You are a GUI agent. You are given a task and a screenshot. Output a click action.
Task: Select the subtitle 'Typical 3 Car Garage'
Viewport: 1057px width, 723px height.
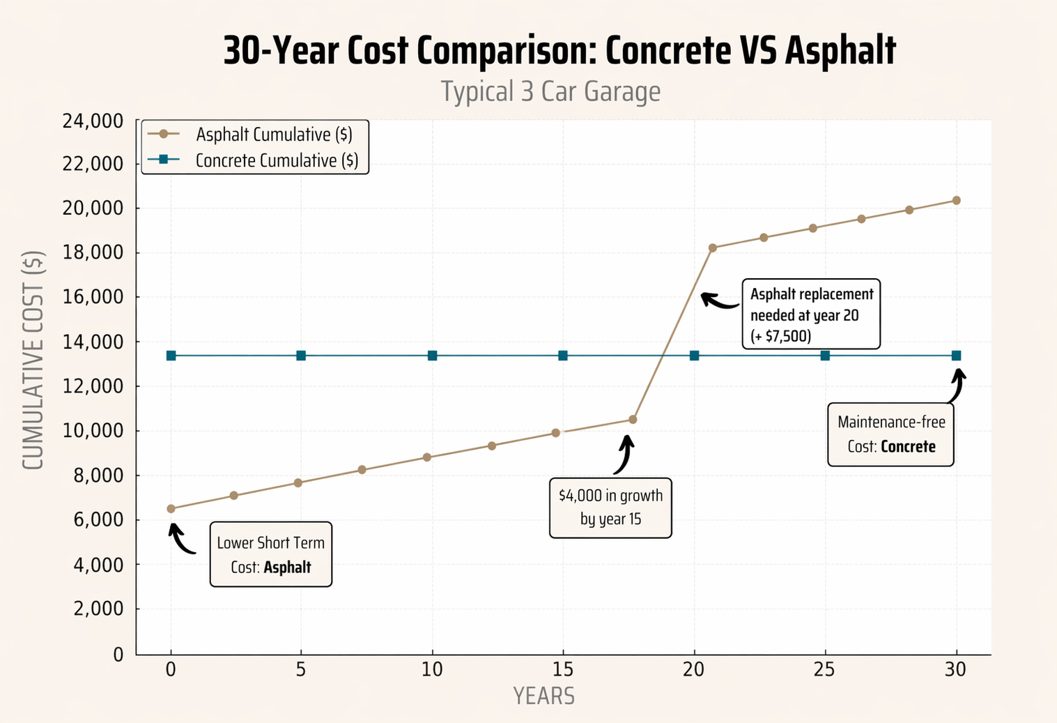[x=550, y=91]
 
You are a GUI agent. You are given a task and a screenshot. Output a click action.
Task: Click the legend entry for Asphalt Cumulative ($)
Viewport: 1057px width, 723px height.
[x=273, y=135]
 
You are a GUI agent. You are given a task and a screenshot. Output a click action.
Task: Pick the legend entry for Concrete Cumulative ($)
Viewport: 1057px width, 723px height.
[x=277, y=160]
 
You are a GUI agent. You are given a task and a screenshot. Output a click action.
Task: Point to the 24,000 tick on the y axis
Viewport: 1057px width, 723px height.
[x=93, y=121]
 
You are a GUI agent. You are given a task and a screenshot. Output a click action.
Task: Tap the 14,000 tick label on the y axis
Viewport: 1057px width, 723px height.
[x=93, y=342]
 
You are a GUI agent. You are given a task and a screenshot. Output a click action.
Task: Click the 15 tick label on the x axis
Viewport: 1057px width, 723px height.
[x=563, y=669]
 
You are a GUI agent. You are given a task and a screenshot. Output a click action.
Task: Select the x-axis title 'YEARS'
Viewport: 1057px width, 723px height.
[x=543, y=696]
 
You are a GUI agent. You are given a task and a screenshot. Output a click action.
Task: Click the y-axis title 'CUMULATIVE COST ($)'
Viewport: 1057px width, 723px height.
[x=33, y=360]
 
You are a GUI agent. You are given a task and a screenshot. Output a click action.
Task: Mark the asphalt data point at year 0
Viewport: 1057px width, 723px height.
[x=171, y=509]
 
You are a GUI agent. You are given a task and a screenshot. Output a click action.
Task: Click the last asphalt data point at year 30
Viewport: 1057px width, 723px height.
[x=956, y=200]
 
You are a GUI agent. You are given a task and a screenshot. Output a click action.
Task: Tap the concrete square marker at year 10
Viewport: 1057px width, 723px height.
[x=432, y=356]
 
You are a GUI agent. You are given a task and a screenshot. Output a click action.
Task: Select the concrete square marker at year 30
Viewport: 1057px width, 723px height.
[x=956, y=356]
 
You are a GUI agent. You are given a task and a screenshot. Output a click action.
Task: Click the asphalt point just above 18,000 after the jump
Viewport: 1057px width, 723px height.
[x=712, y=248]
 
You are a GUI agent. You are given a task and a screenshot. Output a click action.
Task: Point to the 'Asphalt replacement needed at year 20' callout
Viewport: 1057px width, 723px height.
[x=811, y=314]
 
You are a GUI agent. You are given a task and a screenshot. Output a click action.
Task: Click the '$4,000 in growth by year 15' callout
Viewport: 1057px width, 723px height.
[x=610, y=508]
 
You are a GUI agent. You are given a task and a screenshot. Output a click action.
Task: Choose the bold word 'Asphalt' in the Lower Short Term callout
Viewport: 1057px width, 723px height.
[x=287, y=568]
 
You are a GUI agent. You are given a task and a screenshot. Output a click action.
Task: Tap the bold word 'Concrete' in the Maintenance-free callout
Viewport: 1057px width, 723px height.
[x=908, y=447]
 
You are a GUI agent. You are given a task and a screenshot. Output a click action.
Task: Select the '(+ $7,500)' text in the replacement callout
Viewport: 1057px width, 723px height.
[x=780, y=336]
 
